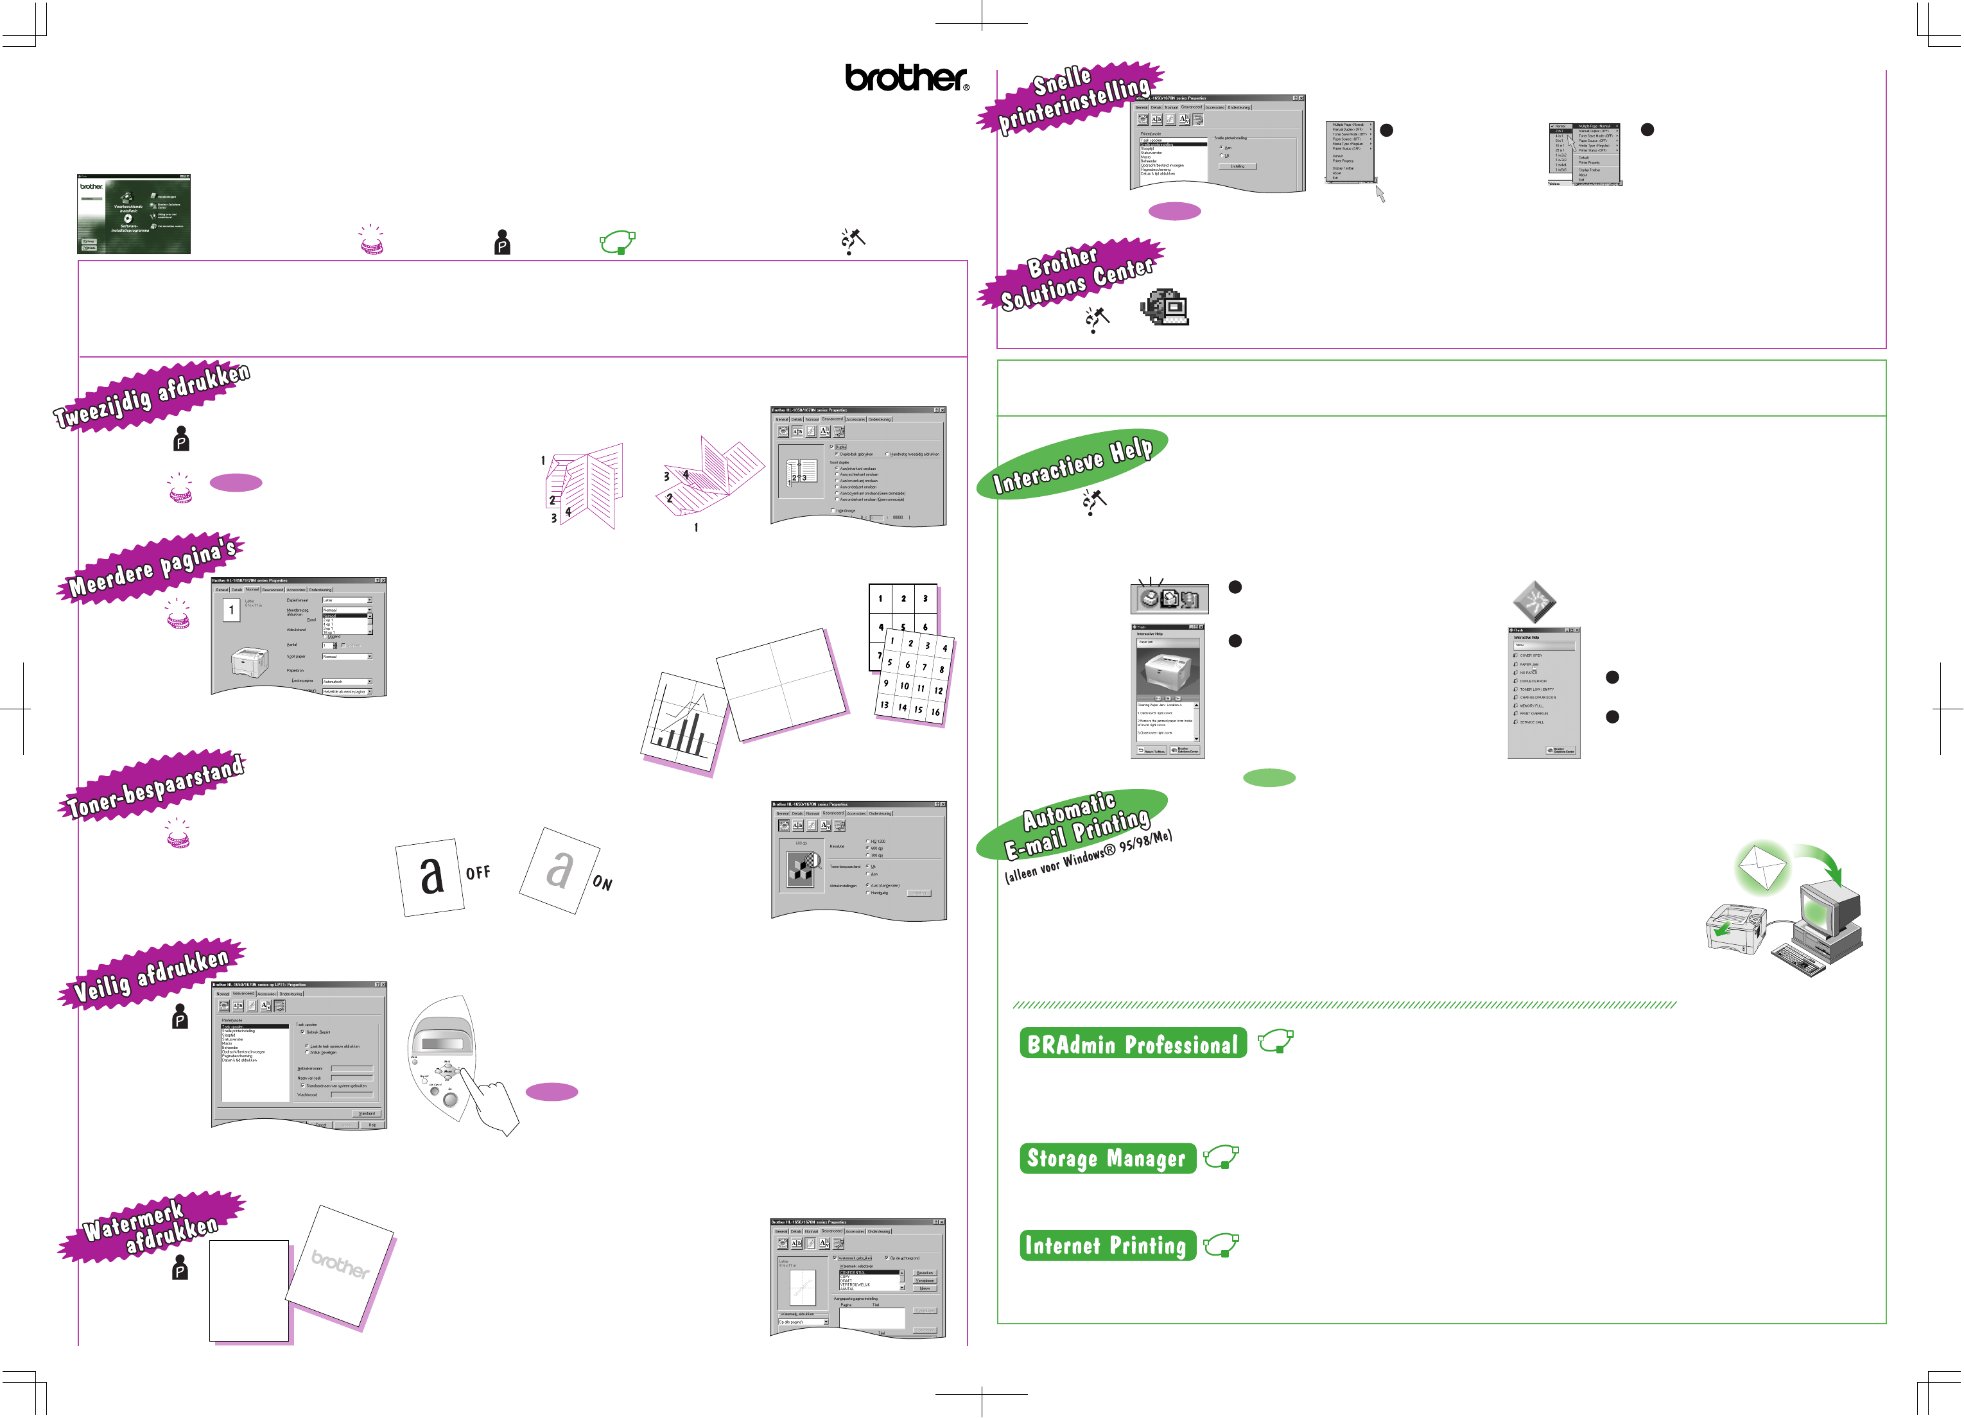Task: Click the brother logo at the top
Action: click(x=906, y=78)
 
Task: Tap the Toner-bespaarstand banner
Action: click(x=155, y=786)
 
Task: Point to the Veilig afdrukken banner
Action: click(x=152, y=974)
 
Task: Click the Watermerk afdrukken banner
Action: click(x=152, y=1227)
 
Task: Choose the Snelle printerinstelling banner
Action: click(x=1073, y=99)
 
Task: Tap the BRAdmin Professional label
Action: click(x=1133, y=1043)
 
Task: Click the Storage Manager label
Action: click(x=1107, y=1158)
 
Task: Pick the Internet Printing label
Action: click(x=1107, y=1246)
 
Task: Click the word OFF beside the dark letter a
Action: click(x=478, y=872)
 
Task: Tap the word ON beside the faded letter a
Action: click(x=603, y=883)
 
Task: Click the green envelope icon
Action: click(x=1761, y=867)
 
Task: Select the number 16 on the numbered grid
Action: click(x=935, y=712)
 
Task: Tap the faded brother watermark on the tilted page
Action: click(x=340, y=1265)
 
